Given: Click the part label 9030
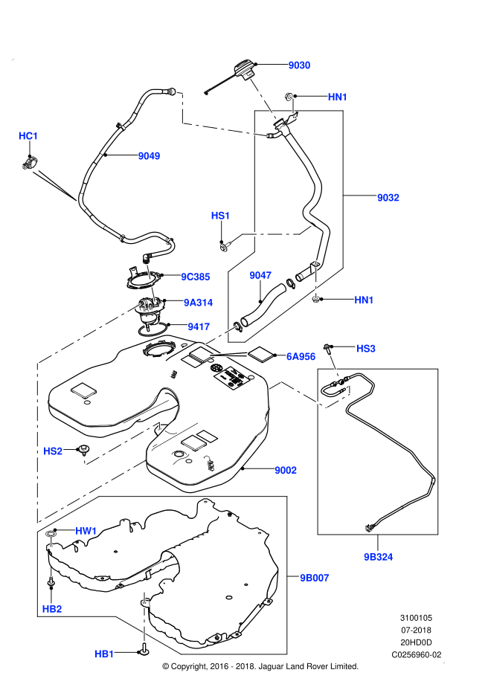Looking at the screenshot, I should pos(299,65).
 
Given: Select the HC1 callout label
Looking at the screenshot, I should pos(28,136).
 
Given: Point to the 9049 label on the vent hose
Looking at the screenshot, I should pos(149,156).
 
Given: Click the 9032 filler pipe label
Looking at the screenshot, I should pos(388,198).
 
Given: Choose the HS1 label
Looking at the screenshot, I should pos(221,216).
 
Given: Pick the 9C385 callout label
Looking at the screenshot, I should pos(196,277).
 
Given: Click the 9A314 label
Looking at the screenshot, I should pos(199,302).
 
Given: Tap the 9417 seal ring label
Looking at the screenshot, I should pos(199,326).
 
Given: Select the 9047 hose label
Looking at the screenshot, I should pos(260,276).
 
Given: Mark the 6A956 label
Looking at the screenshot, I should pos(301,357).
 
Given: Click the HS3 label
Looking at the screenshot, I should pos(366,348).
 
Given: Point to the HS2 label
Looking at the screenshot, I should pos(53,451).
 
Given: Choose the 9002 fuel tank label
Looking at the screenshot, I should pos(286,470).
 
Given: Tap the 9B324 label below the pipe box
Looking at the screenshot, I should pos(379,556).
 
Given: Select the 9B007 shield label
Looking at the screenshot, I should pos(315,577).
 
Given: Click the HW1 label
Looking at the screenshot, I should pos(86,531).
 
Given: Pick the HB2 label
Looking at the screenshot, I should pos(52,609).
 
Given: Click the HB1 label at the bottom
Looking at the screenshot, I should pos(104,654).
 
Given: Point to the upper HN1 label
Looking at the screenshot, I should pos(338,97).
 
